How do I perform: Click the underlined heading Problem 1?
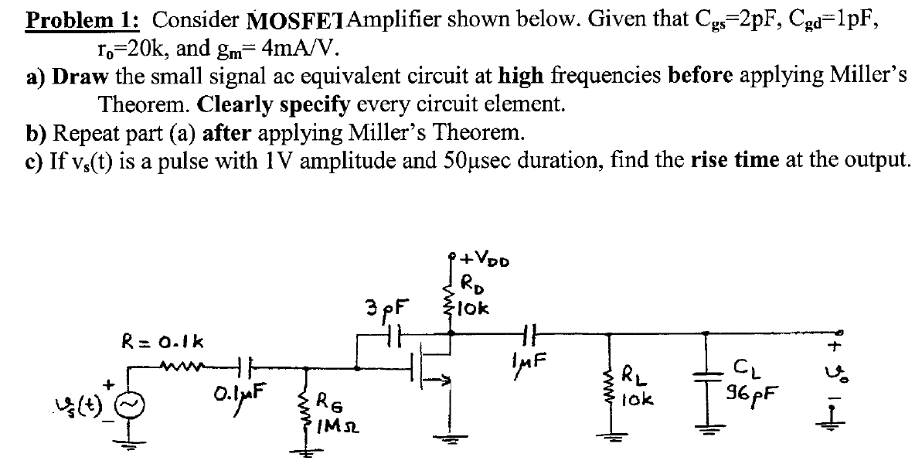tap(73, 20)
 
